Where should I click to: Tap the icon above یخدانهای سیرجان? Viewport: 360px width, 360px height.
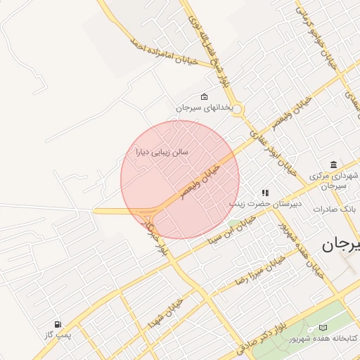204,96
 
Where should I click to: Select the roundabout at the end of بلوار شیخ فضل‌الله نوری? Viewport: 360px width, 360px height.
237,108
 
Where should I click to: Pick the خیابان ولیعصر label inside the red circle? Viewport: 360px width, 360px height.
201,181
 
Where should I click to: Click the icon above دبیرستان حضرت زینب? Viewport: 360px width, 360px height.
265,192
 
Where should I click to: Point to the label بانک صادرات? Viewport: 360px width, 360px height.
335,210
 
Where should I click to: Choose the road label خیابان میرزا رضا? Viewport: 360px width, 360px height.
261,270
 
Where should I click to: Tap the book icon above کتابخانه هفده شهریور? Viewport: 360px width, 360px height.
323,328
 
